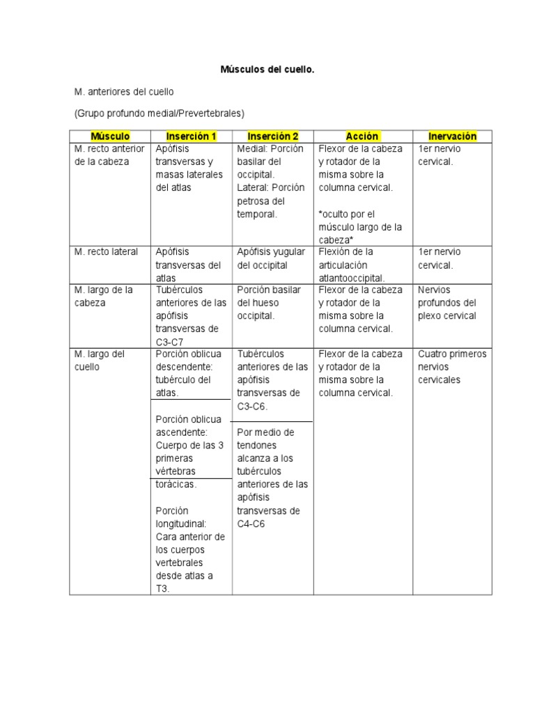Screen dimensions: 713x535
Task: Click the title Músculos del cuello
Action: click(267, 70)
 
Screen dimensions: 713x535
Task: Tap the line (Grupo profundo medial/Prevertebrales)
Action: click(159, 113)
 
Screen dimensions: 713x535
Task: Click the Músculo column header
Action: click(110, 136)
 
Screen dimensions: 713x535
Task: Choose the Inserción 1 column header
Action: click(192, 136)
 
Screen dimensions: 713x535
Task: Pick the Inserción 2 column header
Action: click(272, 136)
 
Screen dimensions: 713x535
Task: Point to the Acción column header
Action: click(362, 136)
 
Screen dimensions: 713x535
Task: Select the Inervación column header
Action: click(453, 136)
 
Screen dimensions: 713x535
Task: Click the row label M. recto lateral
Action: click(106, 252)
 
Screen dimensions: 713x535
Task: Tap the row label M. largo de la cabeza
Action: click(103, 296)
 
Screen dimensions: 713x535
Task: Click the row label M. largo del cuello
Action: click(98, 360)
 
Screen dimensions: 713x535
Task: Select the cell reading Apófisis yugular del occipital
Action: click(271, 258)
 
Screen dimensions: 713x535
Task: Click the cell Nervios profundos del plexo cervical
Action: click(447, 302)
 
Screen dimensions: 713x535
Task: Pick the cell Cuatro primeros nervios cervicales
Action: click(451, 367)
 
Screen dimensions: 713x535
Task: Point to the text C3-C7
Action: click(169, 342)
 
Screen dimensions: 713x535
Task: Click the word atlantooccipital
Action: click(352, 278)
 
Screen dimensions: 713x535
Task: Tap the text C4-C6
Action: click(251, 524)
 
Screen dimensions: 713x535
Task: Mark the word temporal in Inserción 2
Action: click(257, 214)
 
